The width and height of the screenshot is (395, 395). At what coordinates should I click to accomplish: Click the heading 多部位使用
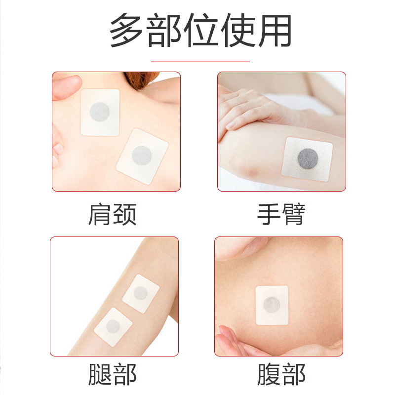pos(200,30)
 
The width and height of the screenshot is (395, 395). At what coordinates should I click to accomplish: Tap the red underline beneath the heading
pos(200,61)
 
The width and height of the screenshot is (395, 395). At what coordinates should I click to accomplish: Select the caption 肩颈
pos(113,214)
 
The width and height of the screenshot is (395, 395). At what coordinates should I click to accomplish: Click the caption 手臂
pos(281,214)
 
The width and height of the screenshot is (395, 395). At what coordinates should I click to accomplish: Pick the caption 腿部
pos(113,374)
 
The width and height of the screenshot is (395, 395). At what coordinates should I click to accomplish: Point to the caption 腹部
pos(281,374)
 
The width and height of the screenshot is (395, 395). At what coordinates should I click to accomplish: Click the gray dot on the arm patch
pos(308,158)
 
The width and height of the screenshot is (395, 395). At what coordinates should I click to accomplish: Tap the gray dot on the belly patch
pos(272,305)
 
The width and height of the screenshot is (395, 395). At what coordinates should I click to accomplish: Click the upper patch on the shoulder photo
pos(100,113)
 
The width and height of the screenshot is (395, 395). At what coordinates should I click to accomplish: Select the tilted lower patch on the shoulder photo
pos(142,156)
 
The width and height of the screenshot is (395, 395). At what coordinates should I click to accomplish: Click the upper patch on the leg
pos(141,294)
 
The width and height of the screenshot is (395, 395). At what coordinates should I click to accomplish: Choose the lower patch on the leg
pos(113,327)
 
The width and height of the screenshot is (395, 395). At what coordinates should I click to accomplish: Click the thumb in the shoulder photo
pos(67,87)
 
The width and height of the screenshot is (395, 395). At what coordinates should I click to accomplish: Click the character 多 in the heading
pos(126,30)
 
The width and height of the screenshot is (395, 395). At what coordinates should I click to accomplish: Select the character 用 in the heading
pos(275,31)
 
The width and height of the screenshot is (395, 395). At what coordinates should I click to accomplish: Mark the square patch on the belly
pos(272,305)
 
